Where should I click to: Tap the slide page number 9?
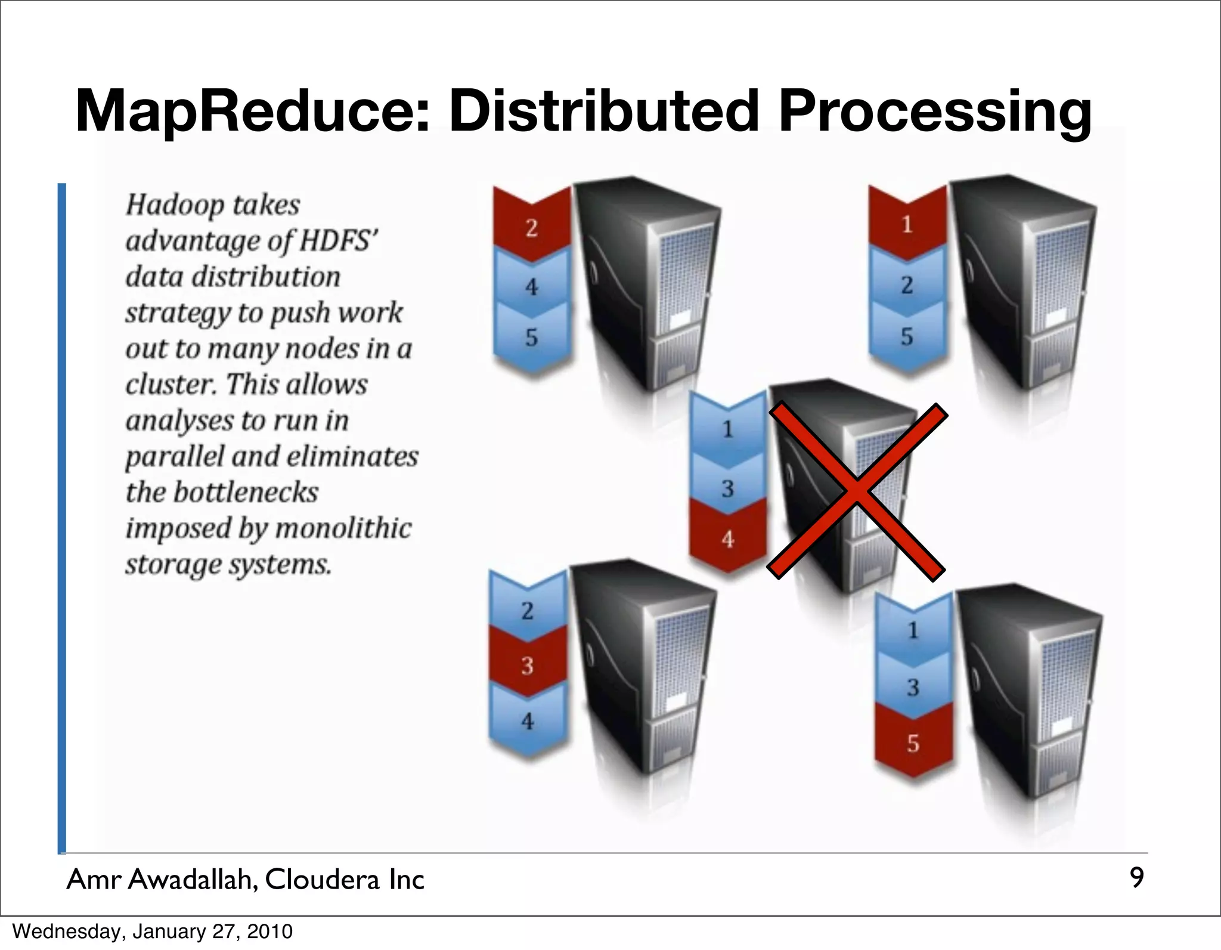click(1136, 878)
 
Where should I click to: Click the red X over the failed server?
click(857, 490)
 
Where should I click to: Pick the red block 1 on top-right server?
click(907, 225)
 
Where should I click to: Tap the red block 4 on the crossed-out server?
click(727, 539)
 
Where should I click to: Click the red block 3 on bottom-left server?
click(527, 665)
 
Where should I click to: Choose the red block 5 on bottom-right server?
click(913, 743)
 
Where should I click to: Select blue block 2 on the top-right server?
click(907, 285)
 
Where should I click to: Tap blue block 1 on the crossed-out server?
click(727, 429)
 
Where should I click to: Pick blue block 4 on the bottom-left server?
click(527, 721)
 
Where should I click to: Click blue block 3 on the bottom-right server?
click(913, 687)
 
